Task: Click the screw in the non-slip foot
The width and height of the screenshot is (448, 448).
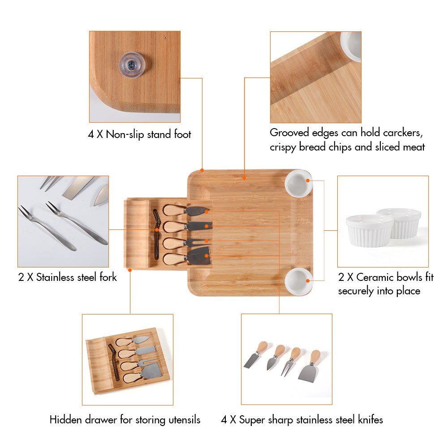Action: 131,65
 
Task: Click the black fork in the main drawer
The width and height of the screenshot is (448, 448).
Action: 155,233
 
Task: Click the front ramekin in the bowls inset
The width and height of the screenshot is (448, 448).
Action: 370,230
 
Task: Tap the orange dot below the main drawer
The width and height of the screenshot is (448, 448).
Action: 130,270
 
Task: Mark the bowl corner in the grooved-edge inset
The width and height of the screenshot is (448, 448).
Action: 352,45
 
